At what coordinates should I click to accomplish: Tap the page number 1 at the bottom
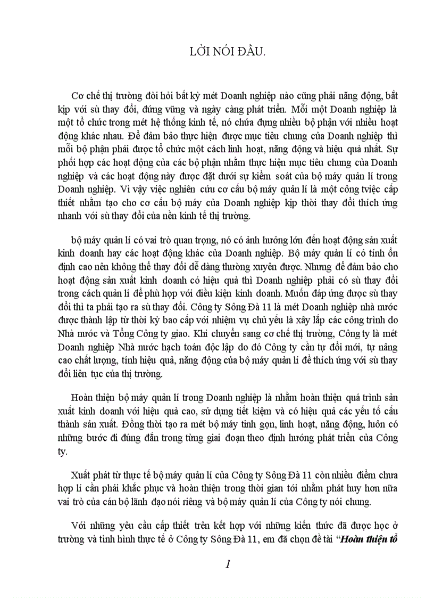coord(228,564)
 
